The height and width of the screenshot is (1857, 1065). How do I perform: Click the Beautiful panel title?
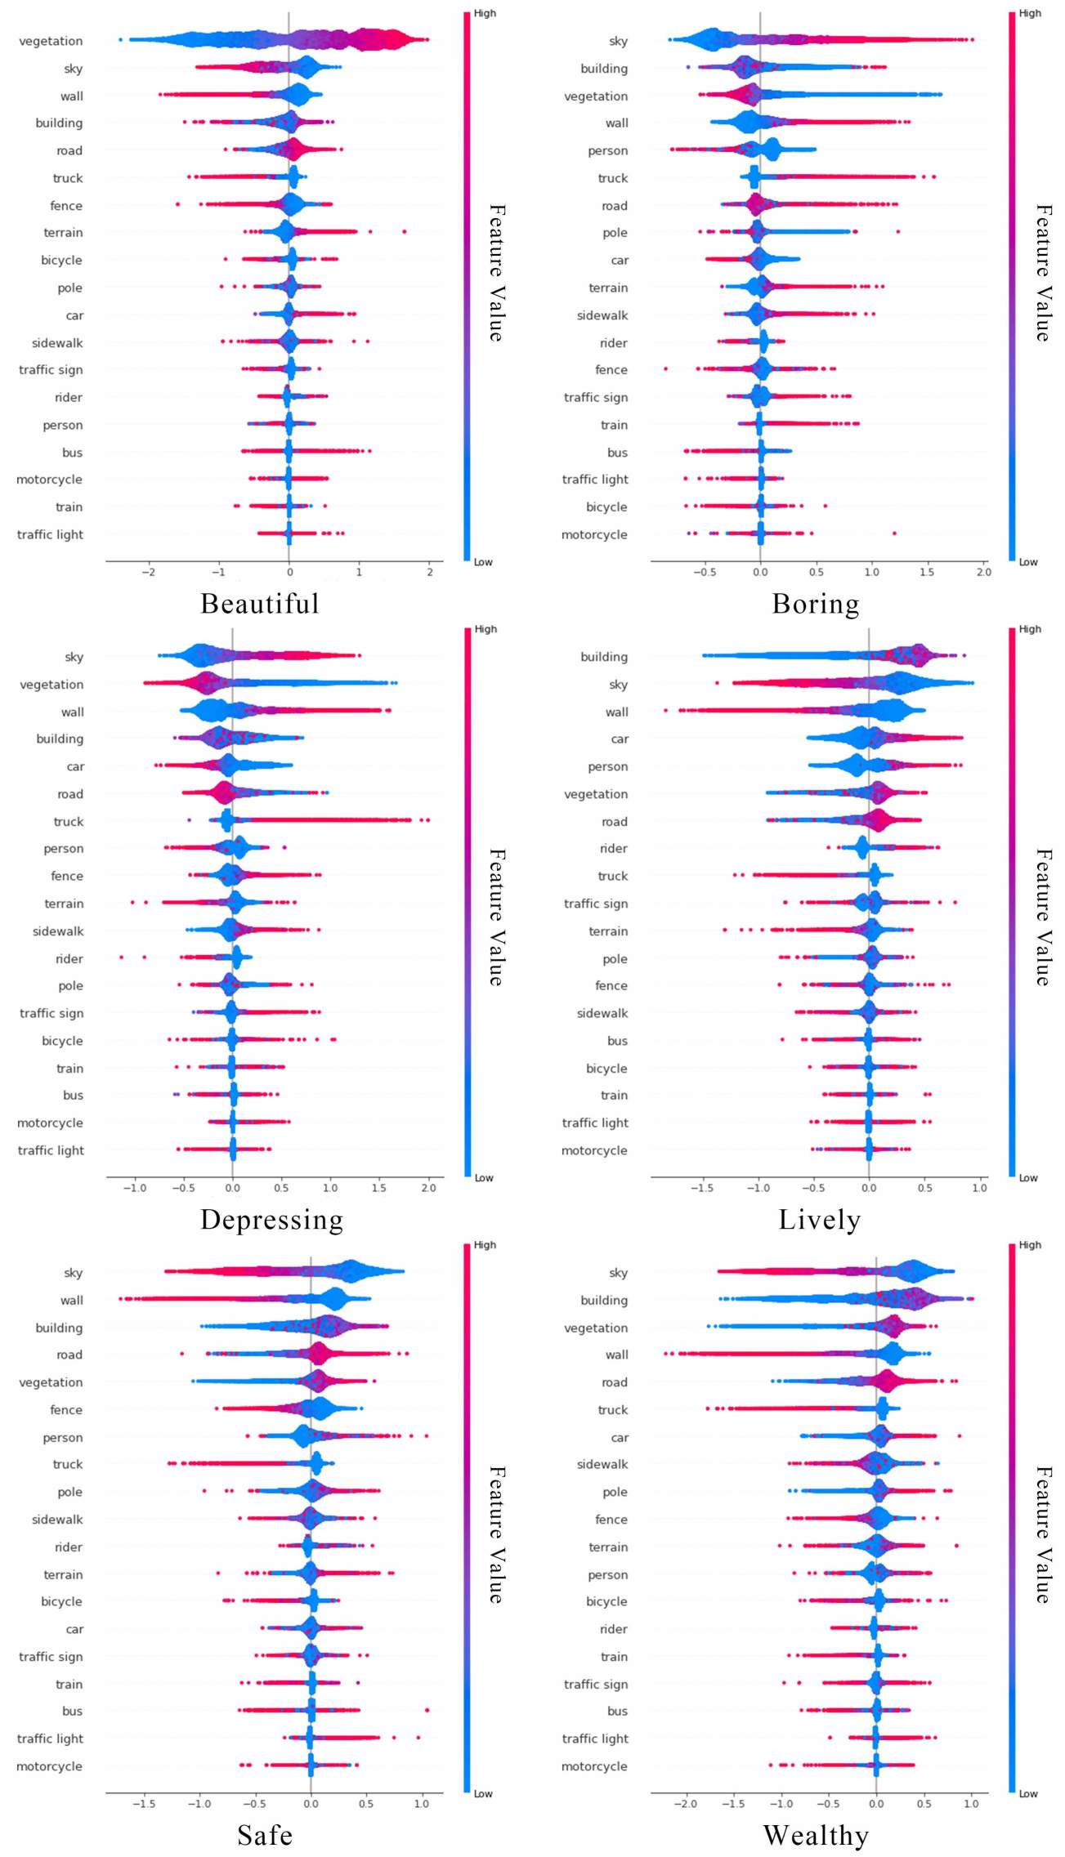tap(260, 604)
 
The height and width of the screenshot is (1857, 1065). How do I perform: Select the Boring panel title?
tap(816, 604)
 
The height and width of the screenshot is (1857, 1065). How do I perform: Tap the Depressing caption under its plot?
tap(272, 1220)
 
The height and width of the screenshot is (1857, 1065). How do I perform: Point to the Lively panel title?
tap(820, 1220)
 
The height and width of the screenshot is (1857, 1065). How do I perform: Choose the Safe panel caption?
tap(265, 1836)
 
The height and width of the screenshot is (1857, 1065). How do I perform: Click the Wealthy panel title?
tap(816, 1836)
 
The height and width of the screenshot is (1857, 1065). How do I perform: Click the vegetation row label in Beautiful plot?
tap(51, 41)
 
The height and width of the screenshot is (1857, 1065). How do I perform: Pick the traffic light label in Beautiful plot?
tap(50, 534)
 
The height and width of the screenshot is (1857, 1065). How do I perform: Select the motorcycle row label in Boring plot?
tap(594, 534)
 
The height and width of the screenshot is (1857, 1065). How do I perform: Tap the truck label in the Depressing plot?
tap(69, 821)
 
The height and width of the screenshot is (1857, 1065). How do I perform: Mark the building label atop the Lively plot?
tap(604, 657)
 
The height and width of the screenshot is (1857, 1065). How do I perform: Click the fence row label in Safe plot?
tap(66, 1409)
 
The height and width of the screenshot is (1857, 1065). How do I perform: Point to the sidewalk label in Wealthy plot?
tap(602, 1464)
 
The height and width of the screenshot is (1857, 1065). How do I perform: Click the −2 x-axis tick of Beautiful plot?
tap(148, 572)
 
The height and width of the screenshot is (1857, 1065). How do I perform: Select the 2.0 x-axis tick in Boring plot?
tap(983, 572)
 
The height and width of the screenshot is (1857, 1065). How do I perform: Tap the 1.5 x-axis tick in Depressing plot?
tap(378, 1188)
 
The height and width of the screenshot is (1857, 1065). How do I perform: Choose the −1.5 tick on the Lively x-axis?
tap(702, 1188)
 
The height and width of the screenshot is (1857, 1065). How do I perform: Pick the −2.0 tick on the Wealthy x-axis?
tap(685, 1804)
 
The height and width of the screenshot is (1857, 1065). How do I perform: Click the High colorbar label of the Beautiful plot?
tap(485, 13)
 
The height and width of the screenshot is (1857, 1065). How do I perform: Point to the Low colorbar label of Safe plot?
tap(483, 1794)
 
